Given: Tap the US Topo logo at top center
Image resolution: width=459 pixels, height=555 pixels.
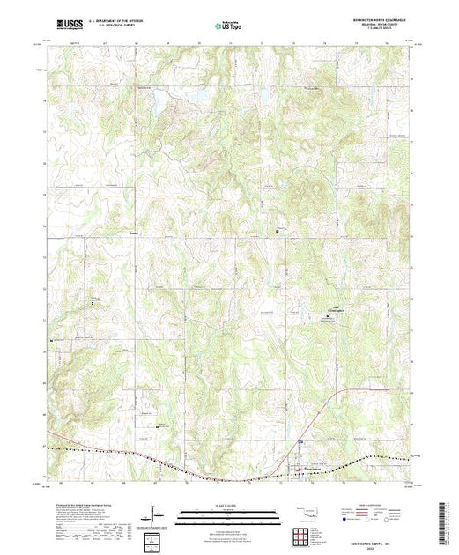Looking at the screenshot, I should pyautogui.click(x=229, y=27).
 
